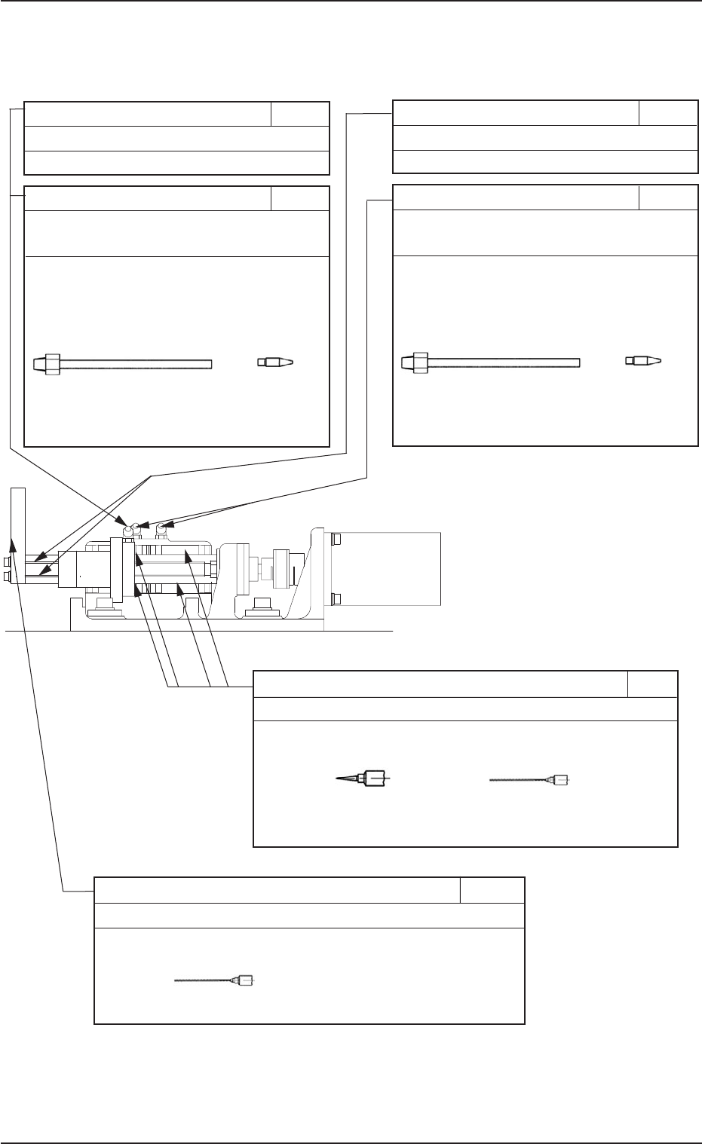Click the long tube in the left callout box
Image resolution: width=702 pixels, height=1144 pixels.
click(x=136, y=365)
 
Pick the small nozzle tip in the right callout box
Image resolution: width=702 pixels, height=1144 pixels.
click(x=642, y=360)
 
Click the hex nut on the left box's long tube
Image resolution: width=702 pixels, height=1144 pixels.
click(x=51, y=365)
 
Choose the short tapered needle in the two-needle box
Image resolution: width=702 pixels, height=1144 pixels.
click(x=366, y=778)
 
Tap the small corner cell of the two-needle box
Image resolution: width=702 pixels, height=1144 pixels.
click(x=652, y=684)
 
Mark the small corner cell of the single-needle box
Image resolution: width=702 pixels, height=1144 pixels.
click(x=492, y=890)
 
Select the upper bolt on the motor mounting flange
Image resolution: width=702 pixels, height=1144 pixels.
click(x=336, y=540)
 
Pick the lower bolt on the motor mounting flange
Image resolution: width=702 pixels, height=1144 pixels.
click(x=336, y=599)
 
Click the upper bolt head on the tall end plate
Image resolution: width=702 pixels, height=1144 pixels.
click(x=8, y=562)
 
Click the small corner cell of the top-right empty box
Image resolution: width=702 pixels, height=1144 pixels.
click(x=667, y=114)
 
